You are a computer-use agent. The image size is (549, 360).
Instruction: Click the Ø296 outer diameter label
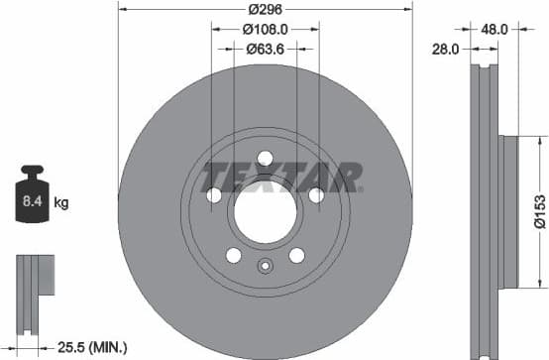[x=265, y=8]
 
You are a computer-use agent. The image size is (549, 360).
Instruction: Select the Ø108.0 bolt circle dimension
[x=266, y=30]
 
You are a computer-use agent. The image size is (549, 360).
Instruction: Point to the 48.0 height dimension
[x=494, y=30]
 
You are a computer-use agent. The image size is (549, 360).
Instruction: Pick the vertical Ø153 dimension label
[x=539, y=209]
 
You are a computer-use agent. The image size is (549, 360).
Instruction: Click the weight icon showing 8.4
[x=32, y=200]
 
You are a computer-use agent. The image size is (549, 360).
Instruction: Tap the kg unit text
[x=61, y=204]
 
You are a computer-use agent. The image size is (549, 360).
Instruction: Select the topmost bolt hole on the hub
[x=265, y=157]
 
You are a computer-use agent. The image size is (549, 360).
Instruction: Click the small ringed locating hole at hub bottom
[x=265, y=266]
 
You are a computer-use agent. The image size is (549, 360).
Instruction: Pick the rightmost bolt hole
[x=315, y=194]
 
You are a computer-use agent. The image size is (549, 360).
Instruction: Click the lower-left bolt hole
[x=234, y=255]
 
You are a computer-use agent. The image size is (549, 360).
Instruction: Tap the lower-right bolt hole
[x=296, y=255]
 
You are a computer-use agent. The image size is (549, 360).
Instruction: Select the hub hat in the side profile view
[x=506, y=209]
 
